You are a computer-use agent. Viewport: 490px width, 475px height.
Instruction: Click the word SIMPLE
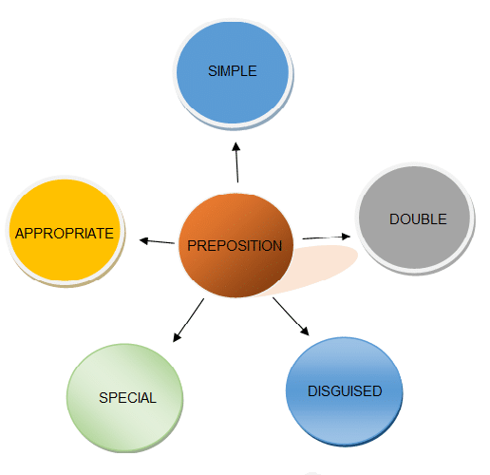[x=233, y=71]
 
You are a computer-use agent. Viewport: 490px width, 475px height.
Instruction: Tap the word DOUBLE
[x=418, y=219]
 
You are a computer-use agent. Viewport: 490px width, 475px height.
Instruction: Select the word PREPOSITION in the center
[x=235, y=246]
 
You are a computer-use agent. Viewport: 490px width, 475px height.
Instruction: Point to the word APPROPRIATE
[x=65, y=234]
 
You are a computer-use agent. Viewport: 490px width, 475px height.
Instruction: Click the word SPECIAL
[x=127, y=398]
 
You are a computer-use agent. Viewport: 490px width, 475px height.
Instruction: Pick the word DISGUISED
[x=345, y=391]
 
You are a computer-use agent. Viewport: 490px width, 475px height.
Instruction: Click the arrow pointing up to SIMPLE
[x=236, y=162]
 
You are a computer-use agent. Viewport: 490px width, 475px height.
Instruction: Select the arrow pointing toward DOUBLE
[x=327, y=237]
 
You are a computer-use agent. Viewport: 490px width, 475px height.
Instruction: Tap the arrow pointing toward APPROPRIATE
[x=157, y=241]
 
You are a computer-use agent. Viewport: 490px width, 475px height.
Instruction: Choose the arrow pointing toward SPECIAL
[x=188, y=320]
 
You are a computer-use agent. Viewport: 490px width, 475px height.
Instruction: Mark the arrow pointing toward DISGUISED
[x=291, y=316]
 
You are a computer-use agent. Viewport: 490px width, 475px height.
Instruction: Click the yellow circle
[x=65, y=231]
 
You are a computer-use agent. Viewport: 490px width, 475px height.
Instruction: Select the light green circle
[x=124, y=398]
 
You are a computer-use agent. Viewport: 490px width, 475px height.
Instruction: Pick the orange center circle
[x=236, y=245]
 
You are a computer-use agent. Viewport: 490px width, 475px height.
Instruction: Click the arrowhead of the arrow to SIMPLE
[x=236, y=146]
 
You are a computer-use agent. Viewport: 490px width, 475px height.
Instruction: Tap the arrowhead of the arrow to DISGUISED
[x=305, y=331]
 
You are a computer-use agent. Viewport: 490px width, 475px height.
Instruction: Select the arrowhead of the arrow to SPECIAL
[x=177, y=337]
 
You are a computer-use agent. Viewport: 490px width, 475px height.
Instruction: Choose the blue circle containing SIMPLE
[x=233, y=73]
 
